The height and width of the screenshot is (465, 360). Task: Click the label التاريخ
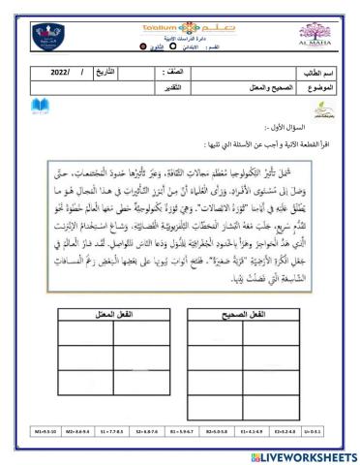click(x=111, y=73)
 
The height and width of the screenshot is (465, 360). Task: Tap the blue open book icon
click(x=39, y=106)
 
